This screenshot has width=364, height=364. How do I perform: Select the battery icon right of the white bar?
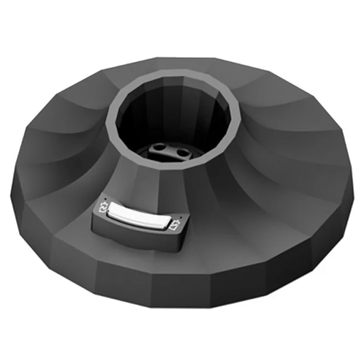(174, 225)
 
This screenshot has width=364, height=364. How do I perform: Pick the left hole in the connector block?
(159, 148)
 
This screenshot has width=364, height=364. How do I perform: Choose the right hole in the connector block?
(181, 152)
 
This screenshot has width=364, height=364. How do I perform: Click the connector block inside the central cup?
(170, 152)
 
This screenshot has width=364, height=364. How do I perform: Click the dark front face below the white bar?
(136, 234)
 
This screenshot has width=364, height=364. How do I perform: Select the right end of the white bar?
(164, 223)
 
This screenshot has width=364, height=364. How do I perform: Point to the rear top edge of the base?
(182, 58)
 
